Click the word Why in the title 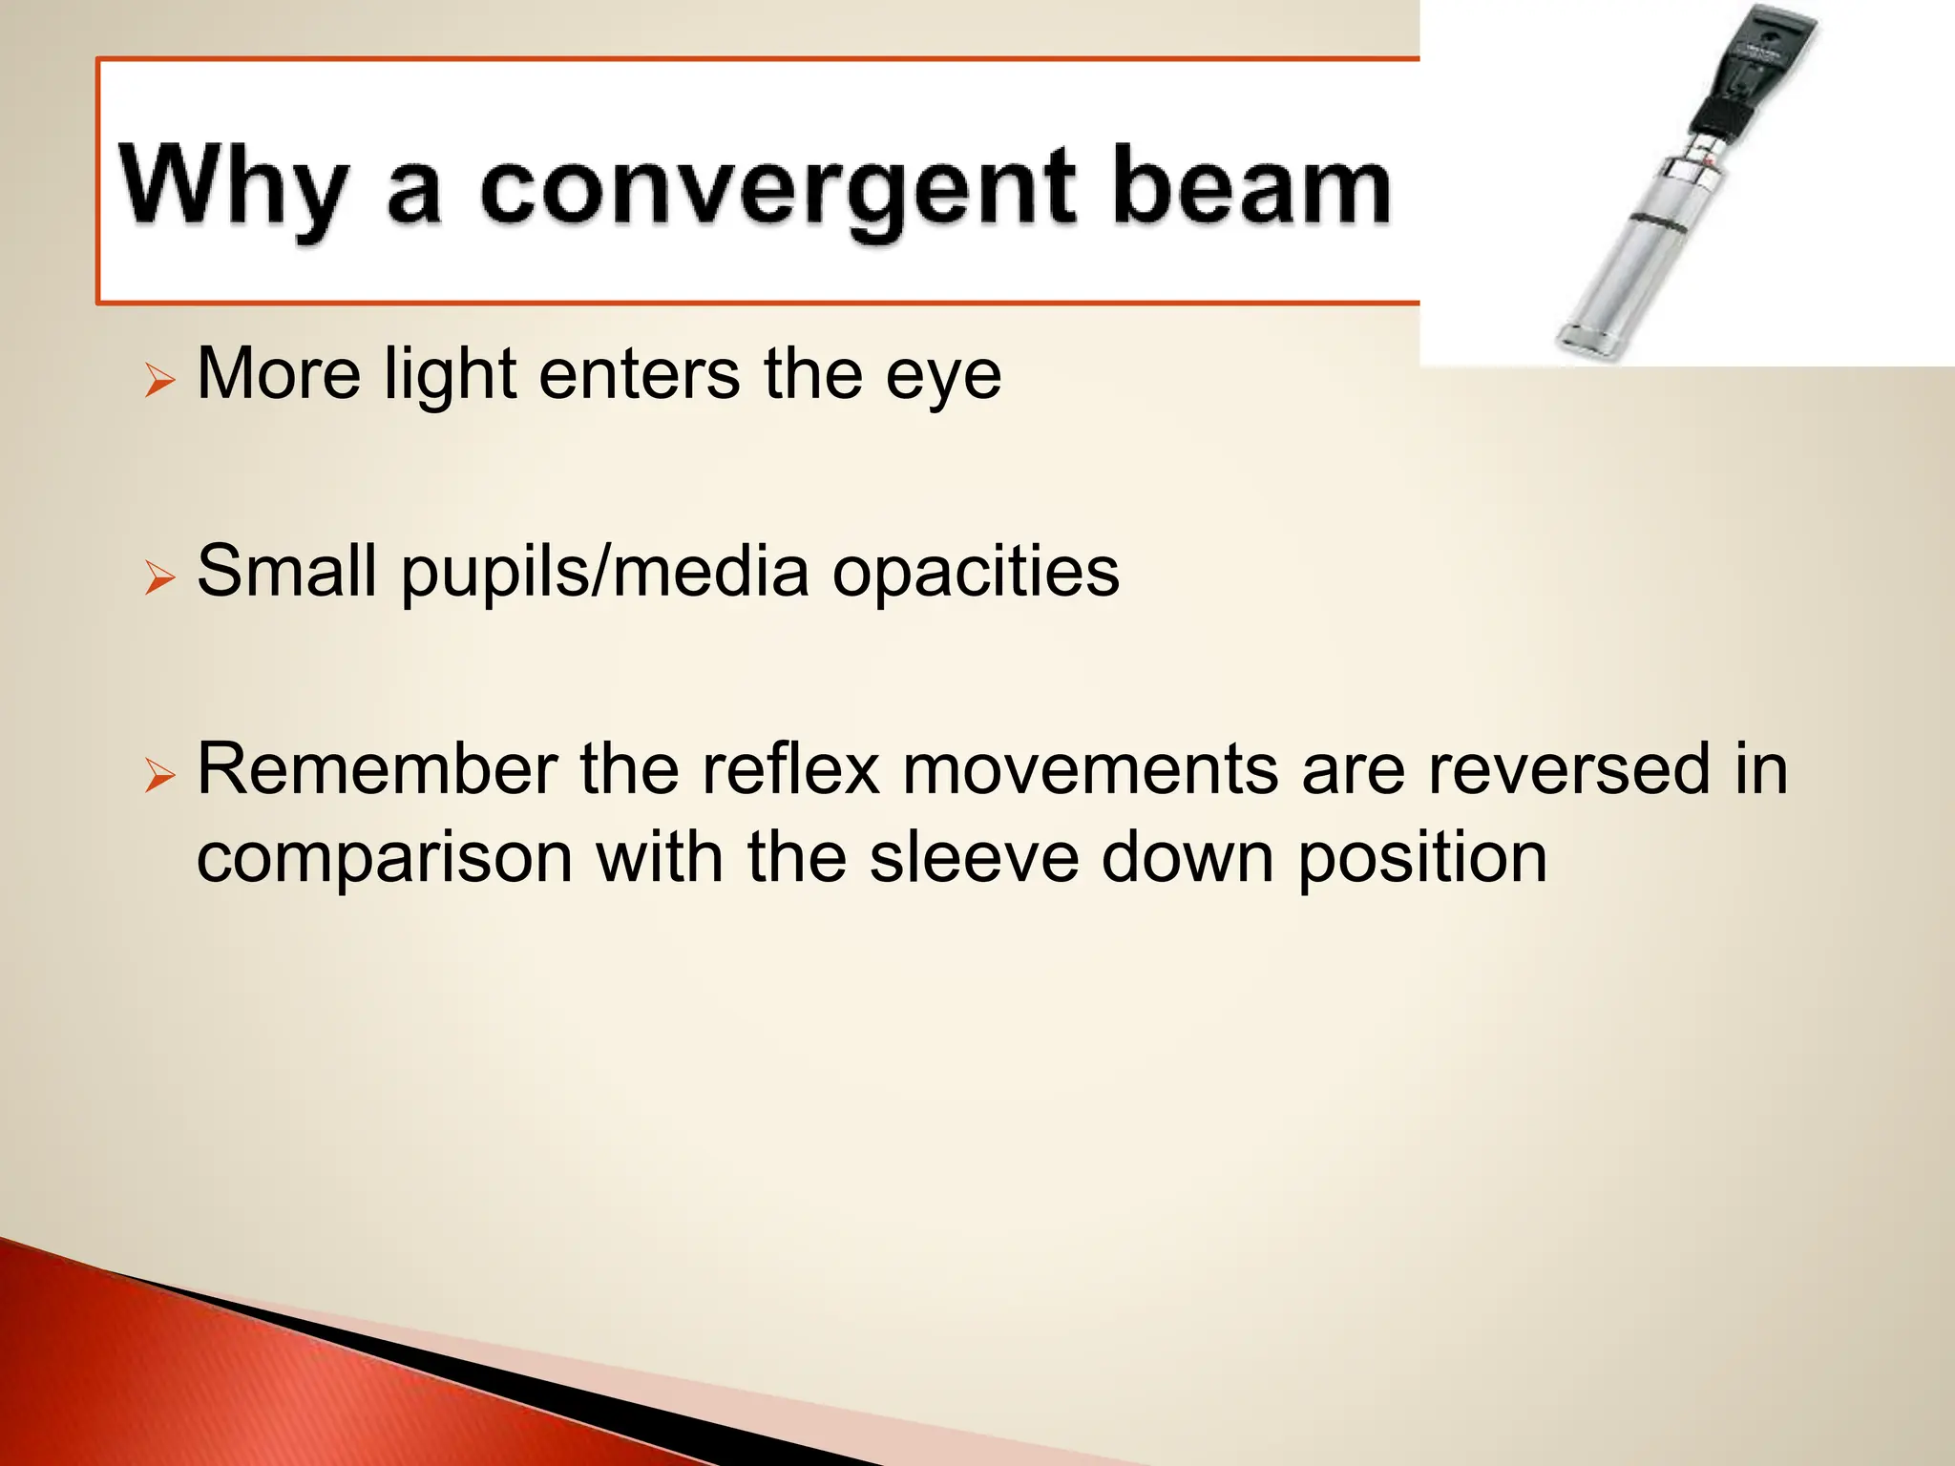(232, 187)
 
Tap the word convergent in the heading (777, 189)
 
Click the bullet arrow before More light (159, 382)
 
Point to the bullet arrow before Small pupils (159, 578)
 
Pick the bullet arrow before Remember (159, 776)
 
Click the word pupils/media (605, 572)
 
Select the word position (1422, 856)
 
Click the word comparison (385, 856)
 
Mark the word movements (1090, 768)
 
